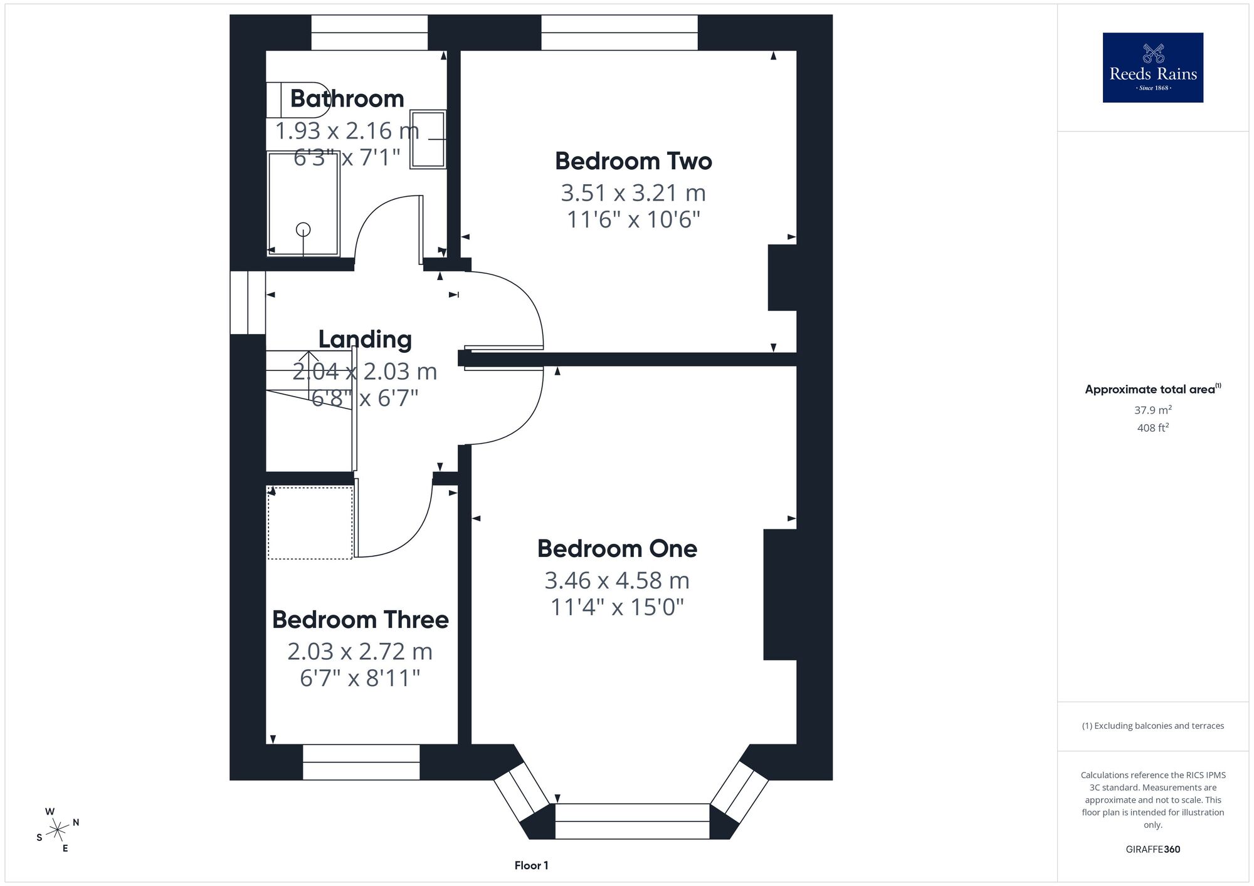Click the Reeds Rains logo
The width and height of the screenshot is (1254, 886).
coord(1152,68)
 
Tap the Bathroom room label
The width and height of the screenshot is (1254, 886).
coord(347,98)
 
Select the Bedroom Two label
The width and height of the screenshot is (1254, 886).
coord(633,161)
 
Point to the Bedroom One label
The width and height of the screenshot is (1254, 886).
coord(617,548)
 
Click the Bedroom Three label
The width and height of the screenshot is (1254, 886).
coord(360,619)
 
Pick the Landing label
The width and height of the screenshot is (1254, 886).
coord(365,339)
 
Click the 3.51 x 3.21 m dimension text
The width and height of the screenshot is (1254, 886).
coord(633,192)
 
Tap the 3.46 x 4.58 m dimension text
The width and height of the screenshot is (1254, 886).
coord(617,580)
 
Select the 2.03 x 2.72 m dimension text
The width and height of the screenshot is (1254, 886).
coord(360,652)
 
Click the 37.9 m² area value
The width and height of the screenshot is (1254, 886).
coord(1153,410)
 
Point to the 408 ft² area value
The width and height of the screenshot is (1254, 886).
coord(1153,427)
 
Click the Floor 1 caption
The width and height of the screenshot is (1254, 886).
coord(531,865)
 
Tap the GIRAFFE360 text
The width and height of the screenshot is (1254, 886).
coord(1153,849)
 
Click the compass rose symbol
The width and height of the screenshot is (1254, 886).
coord(58,830)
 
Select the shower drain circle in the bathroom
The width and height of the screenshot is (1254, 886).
coord(303,230)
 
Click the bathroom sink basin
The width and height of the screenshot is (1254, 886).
coord(428,139)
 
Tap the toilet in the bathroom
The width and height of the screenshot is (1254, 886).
coord(298,100)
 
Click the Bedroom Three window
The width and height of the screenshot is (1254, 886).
coord(361,762)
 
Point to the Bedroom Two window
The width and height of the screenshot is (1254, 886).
coord(619,33)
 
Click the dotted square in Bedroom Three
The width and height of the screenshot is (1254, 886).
coord(310,522)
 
